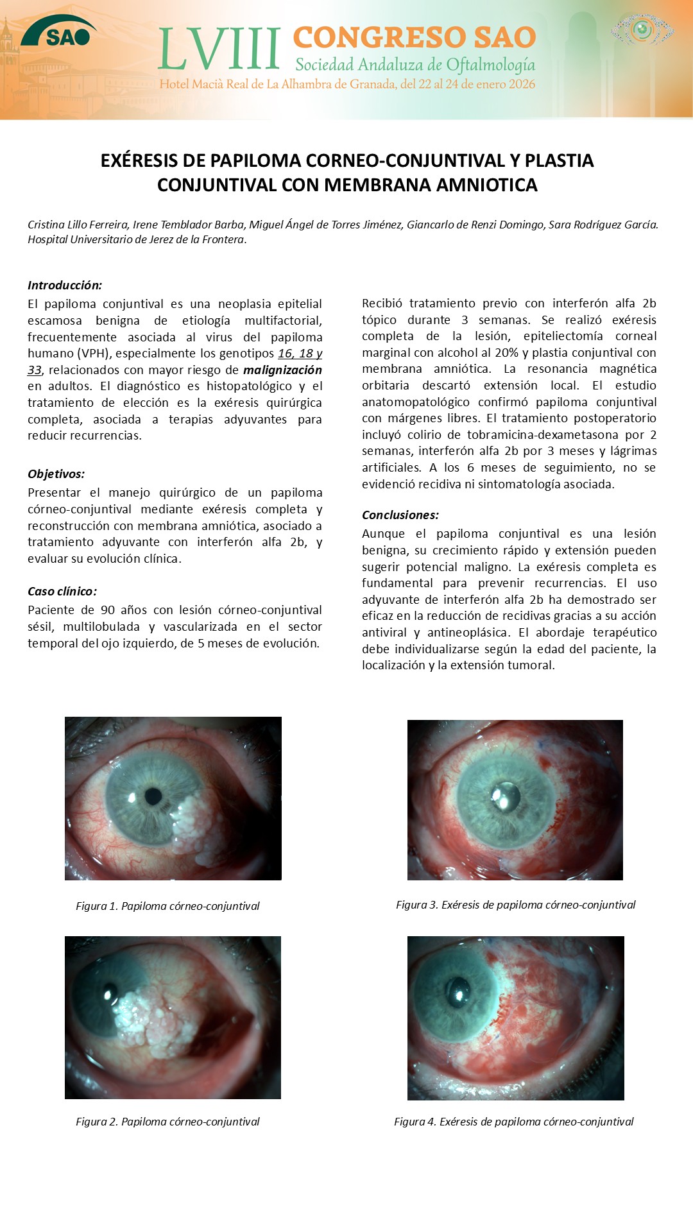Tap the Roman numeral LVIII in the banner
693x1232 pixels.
click(x=219, y=49)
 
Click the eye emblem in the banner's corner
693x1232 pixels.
click(x=642, y=30)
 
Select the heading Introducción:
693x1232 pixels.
click(x=65, y=286)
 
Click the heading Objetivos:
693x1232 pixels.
click(x=56, y=474)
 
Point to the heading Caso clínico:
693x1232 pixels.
click(x=62, y=592)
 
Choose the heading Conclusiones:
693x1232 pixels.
click(x=400, y=515)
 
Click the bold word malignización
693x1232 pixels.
click(x=282, y=370)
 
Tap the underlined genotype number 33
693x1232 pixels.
click(x=34, y=370)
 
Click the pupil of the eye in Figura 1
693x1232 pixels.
click(x=153, y=796)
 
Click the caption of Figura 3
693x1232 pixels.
click(x=515, y=905)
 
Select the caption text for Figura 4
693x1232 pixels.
click(x=513, y=1122)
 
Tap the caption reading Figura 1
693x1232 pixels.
click(x=167, y=906)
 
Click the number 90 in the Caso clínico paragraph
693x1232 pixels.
click(x=108, y=610)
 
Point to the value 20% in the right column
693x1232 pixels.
click(x=506, y=353)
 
